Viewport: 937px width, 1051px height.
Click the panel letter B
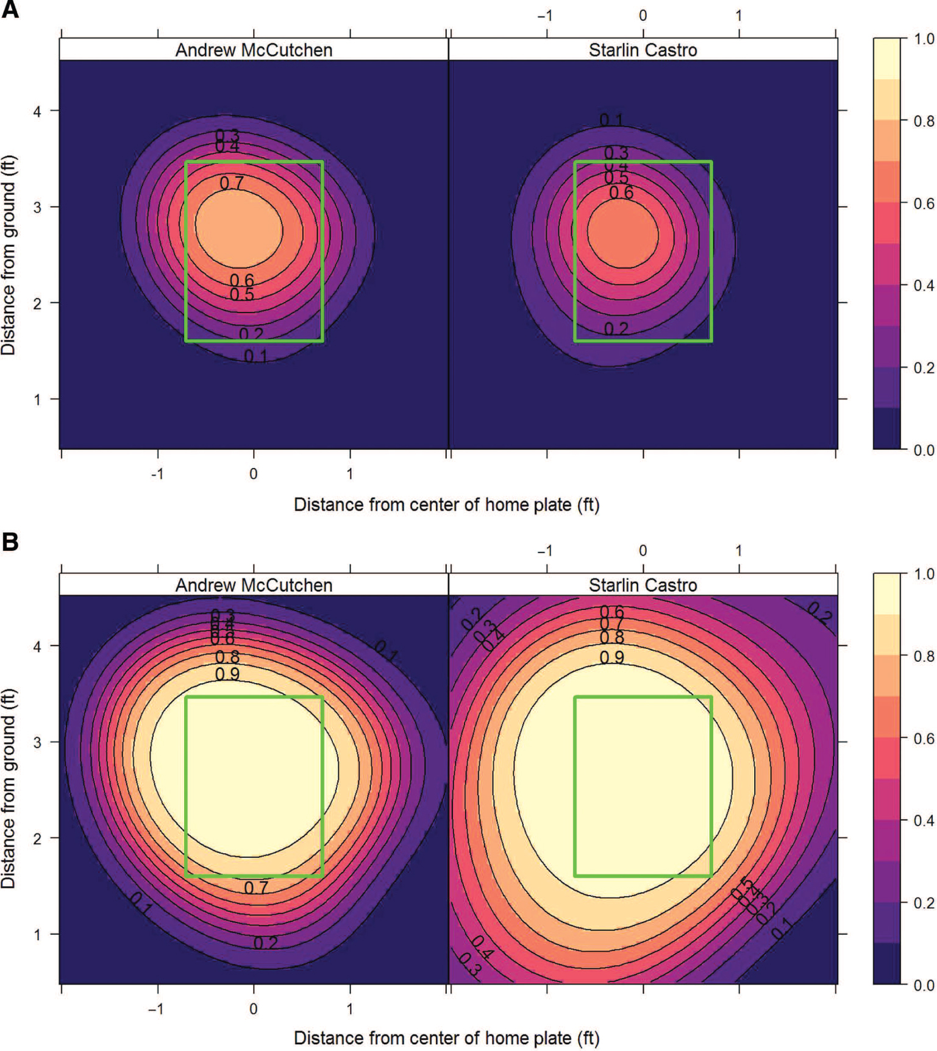[10, 541]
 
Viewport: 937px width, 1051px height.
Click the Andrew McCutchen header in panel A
[254, 50]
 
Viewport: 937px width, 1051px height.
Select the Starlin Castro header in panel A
[643, 50]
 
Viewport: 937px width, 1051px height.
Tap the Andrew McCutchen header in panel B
[254, 585]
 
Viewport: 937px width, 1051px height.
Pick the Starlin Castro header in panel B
[643, 585]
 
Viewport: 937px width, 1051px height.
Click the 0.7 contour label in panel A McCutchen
[232, 183]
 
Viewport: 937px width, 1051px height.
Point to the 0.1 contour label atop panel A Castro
[611, 120]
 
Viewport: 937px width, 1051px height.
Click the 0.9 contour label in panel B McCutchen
[227, 674]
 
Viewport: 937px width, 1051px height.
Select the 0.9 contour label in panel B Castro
[612, 657]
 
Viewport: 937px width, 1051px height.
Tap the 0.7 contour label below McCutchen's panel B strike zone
[256, 888]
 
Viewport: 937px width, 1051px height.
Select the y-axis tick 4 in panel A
[37, 111]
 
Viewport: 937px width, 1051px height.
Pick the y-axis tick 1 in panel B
[37, 934]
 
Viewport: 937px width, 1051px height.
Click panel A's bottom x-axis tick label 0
[254, 473]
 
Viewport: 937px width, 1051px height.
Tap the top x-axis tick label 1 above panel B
[739, 551]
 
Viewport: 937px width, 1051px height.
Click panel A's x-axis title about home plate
[446, 504]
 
